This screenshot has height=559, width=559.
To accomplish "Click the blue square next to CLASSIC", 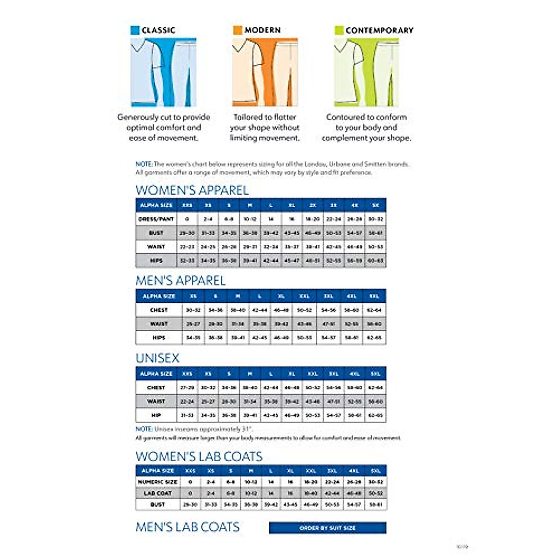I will [x=135, y=30].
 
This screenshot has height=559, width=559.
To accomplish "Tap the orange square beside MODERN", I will [x=238, y=30].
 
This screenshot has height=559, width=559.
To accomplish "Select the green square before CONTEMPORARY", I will [x=339, y=30].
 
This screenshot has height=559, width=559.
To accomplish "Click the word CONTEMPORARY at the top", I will [x=379, y=30].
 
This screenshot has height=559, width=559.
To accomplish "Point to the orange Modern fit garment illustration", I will [x=265, y=72].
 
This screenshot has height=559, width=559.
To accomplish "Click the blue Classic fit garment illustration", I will [x=164, y=72].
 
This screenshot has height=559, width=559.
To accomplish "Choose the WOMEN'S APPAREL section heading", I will [x=192, y=190].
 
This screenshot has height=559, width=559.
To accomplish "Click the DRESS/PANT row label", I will [x=156, y=219].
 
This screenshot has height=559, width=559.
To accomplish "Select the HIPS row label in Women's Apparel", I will [x=156, y=261].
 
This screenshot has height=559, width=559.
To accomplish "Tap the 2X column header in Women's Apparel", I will [x=313, y=205].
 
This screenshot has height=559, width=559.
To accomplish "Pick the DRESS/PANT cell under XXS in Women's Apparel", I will [x=187, y=219].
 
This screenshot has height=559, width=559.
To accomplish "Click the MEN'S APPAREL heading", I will [x=180, y=280].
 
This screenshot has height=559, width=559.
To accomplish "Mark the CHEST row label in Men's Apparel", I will [x=159, y=310].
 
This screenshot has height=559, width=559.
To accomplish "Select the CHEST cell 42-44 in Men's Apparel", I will [x=259, y=310].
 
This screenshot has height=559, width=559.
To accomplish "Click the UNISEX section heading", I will [x=157, y=358].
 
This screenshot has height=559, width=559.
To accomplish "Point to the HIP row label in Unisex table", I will [x=156, y=415].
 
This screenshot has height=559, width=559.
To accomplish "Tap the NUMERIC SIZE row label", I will [x=157, y=482].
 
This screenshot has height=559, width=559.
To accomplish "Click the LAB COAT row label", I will [x=157, y=493].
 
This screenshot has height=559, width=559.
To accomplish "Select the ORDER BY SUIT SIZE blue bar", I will [x=327, y=528].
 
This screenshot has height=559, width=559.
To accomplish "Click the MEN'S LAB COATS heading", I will [x=187, y=527].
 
